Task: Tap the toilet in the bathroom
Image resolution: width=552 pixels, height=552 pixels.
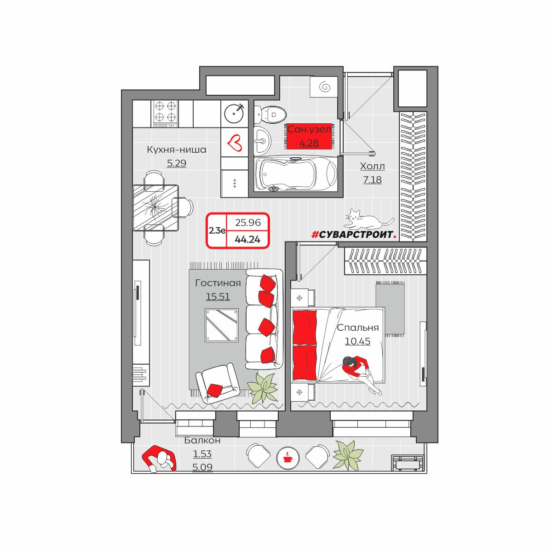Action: tap(270, 115)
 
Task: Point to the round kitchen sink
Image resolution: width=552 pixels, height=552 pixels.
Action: tap(234, 113)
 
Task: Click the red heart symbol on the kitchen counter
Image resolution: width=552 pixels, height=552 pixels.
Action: tap(234, 143)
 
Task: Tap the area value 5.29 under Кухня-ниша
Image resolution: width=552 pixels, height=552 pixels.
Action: tap(177, 163)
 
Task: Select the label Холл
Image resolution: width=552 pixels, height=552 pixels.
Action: tap(373, 166)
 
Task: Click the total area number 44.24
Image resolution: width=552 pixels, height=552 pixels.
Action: tap(247, 239)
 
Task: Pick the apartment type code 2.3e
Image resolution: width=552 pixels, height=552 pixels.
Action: tap(217, 230)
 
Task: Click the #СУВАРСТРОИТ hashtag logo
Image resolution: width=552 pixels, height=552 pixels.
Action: tap(354, 235)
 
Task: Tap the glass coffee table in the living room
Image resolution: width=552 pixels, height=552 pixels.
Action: tap(221, 325)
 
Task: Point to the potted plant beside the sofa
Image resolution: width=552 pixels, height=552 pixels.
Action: tap(262, 388)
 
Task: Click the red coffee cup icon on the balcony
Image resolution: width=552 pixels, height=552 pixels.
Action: tap(288, 458)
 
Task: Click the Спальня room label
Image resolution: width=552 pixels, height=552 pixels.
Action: tap(358, 328)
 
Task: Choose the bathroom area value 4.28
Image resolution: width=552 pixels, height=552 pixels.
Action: tap(309, 143)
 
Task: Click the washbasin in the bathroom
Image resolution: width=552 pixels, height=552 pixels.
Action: tap(263, 140)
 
